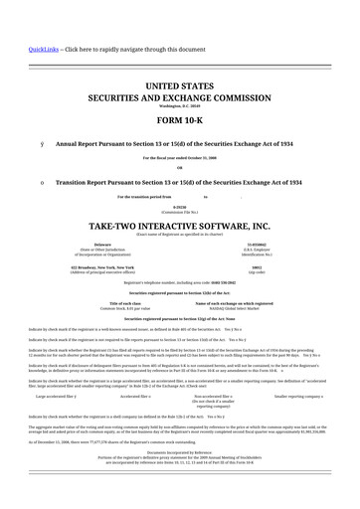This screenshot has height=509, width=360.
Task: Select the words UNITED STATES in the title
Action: [179, 89]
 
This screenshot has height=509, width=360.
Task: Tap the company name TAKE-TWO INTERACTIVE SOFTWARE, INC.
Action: [179, 227]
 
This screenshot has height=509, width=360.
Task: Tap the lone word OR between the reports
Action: [179, 167]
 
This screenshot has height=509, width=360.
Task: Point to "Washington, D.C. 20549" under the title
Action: [179, 109]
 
